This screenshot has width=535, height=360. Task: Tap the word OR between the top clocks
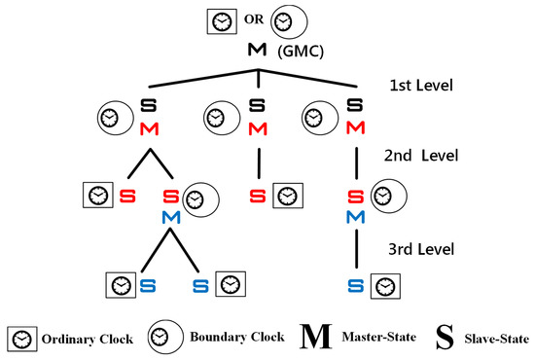[x=250, y=18]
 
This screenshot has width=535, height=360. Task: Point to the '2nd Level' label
[x=424, y=156]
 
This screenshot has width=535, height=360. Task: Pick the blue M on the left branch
[x=171, y=215]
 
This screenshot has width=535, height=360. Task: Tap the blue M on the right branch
[x=356, y=215]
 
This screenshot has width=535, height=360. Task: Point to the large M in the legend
[x=314, y=339]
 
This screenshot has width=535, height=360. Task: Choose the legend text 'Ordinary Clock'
[x=83, y=339]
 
